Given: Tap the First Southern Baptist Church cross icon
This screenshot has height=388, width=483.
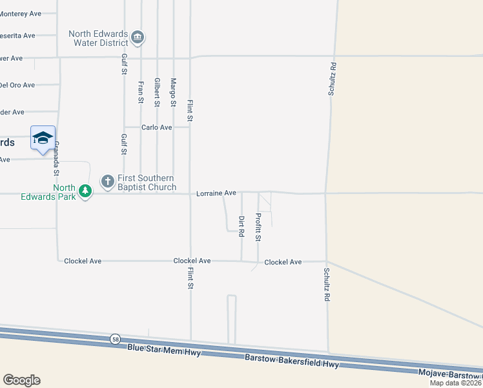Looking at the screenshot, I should [x=107, y=180].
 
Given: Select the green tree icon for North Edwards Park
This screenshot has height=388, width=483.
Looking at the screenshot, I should [x=85, y=190].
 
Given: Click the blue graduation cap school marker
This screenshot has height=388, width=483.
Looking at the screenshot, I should [x=43, y=138].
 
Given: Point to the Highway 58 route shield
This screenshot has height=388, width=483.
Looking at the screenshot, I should [x=115, y=339].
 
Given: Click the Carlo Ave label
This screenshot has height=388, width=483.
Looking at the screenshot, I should [x=157, y=127].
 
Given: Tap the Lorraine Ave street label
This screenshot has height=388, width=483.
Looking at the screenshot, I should [x=216, y=193].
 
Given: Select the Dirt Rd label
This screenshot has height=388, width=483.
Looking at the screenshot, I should [x=241, y=226].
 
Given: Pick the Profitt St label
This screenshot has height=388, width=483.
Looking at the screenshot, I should [x=258, y=227].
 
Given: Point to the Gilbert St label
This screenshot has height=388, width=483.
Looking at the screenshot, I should [x=157, y=92].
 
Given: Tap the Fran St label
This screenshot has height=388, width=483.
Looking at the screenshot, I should [x=141, y=92].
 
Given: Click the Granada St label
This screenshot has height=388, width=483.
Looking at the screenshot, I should [x=56, y=159].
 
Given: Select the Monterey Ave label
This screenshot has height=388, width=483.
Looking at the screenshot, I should [x=22, y=13].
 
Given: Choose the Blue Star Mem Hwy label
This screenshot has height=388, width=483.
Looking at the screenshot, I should [x=164, y=351].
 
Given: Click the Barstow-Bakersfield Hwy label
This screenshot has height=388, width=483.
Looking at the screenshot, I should [x=292, y=361].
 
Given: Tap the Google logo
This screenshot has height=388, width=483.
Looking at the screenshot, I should [x=21, y=380].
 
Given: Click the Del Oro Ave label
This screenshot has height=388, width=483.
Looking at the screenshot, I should [x=17, y=85].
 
